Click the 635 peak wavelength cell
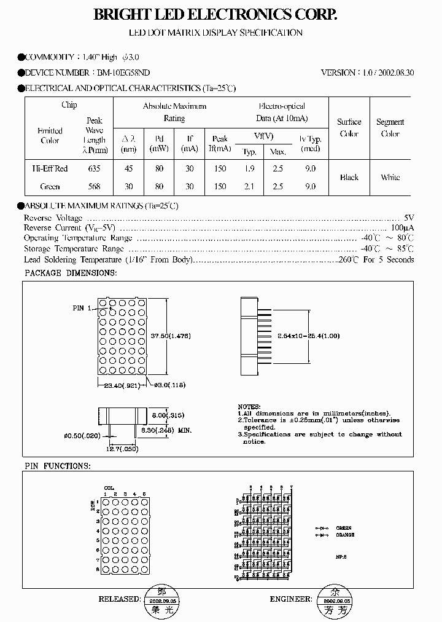click(94, 168)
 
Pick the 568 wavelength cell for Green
click(94, 186)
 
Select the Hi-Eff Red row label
click(50, 168)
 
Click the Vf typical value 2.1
click(249, 186)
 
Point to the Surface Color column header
click(349, 128)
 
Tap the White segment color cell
click(390, 177)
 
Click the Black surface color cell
click(349, 177)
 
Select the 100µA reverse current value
click(403, 228)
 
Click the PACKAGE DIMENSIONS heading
click(69, 272)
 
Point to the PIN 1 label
click(82, 308)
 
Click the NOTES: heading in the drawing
click(249, 407)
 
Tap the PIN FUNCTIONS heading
click(57, 466)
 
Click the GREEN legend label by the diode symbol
click(343, 527)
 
